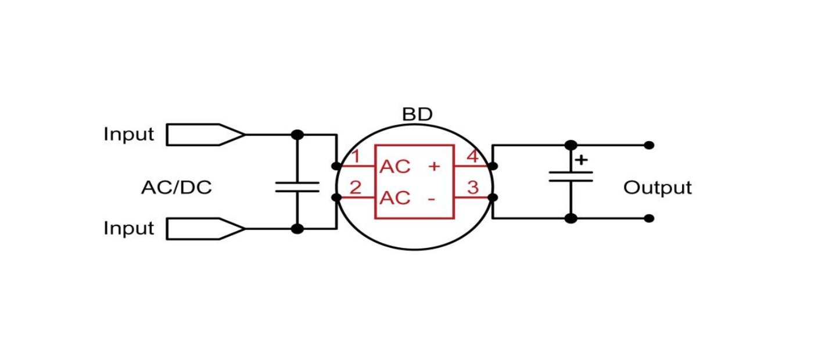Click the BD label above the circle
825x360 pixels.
point(417,115)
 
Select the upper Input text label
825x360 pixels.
point(128,134)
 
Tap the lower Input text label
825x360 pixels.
point(128,228)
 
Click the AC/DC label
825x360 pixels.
point(176,188)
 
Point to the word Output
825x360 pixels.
point(657,188)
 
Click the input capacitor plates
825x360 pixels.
point(297,186)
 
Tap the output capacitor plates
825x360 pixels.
point(571,176)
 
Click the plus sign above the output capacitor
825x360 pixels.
point(581,160)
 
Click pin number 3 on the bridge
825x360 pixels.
point(473,188)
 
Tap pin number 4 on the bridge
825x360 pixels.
point(473,157)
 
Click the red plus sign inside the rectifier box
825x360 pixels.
point(434,166)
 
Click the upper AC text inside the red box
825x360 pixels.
point(395,167)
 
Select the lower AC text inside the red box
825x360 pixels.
point(395,198)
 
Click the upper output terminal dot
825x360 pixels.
point(649,145)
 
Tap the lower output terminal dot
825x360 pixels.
point(649,218)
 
